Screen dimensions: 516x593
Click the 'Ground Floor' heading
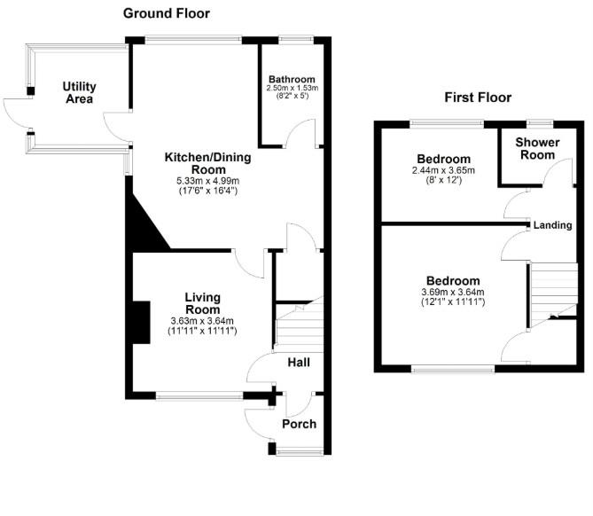click(167, 13)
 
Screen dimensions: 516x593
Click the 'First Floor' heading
click(480, 98)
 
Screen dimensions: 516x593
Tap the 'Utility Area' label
click(79, 92)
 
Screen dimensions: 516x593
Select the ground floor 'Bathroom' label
click(292, 80)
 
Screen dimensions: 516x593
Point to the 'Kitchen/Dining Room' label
click(208, 163)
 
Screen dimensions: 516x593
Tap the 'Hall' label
click(298, 363)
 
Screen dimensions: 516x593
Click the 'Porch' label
click(299, 424)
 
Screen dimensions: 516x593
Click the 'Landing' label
click(552, 225)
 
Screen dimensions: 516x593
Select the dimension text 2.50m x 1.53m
click(293, 90)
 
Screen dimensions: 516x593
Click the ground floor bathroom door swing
click(306, 133)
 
